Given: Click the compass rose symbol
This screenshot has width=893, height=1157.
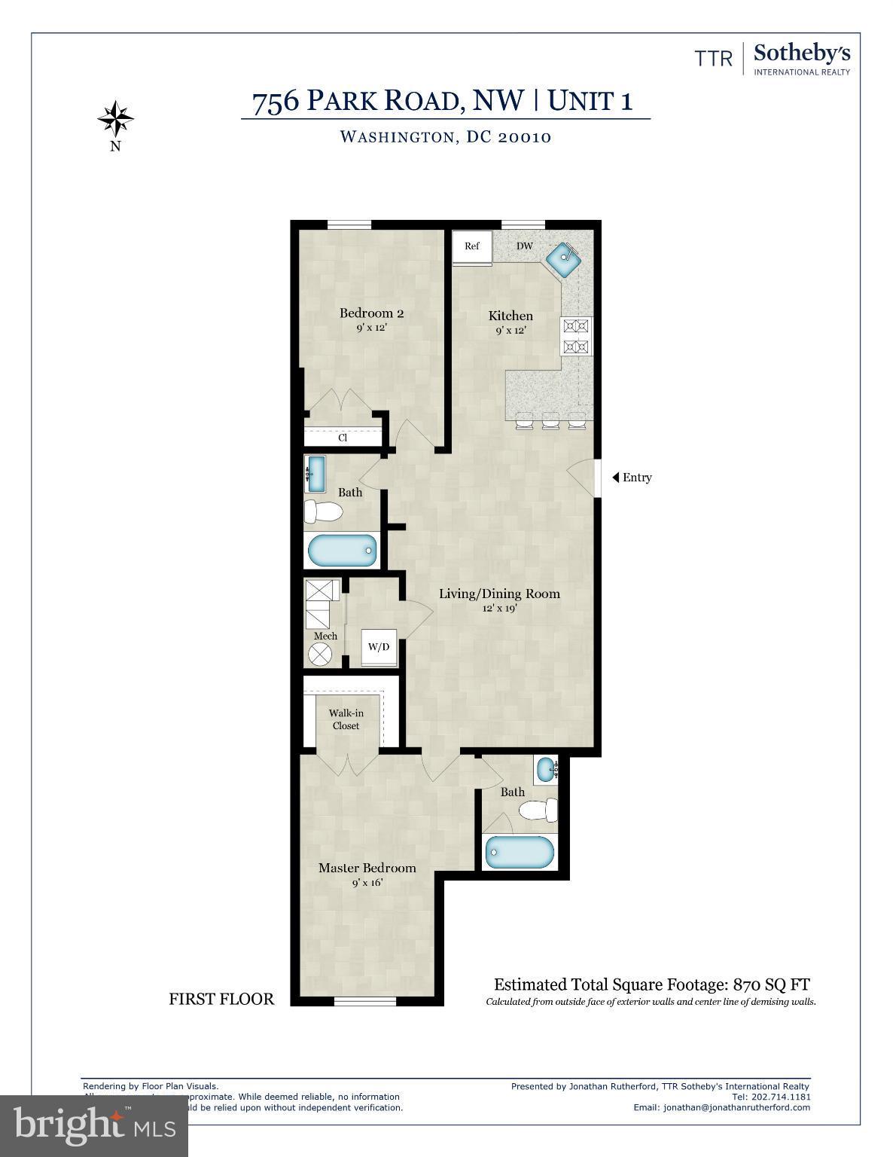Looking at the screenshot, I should click(x=116, y=118).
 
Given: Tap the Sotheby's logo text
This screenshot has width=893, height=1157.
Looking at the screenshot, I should click(x=801, y=54).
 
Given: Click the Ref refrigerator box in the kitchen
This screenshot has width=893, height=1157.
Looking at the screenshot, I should click(x=471, y=247).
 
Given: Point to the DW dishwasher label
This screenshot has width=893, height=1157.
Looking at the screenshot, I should click(x=525, y=246).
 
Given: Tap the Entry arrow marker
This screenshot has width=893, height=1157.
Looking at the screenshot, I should click(x=615, y=478).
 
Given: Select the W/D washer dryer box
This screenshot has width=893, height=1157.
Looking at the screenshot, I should click(x=379, y=648).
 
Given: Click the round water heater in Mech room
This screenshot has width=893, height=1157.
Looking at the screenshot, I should click(x=321, y=654).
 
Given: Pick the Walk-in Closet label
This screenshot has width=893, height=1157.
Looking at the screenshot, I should click(x=346, y=719).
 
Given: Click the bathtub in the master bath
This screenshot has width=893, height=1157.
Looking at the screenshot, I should click(x=520, y=852).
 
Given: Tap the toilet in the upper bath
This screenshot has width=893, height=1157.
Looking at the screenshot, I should click(x=324, y=513).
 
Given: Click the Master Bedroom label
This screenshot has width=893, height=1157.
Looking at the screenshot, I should click(x=367, y=868).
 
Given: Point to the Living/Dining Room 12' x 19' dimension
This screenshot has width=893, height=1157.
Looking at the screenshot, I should click(x=499, y=609).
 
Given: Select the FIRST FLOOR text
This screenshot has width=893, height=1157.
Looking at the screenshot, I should click(x=221, y=999).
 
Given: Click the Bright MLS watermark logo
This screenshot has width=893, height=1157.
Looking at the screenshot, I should click(x=94, y=1125).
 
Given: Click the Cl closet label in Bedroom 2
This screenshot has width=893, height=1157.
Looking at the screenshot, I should click(x=343, y=438).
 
